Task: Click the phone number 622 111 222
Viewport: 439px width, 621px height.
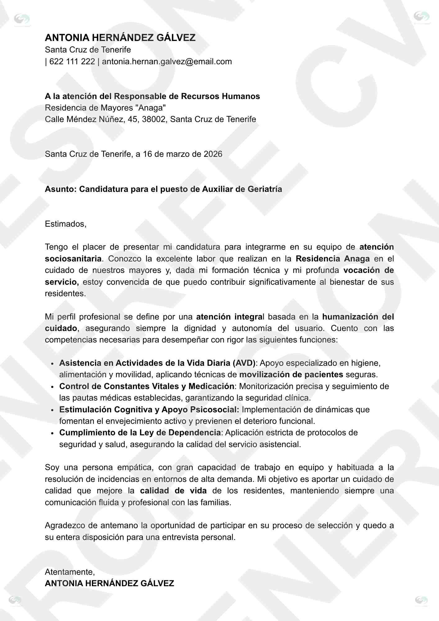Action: tap(72, 61)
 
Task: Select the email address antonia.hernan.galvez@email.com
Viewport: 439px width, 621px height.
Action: tap(167, 61)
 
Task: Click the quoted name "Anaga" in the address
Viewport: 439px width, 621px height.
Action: tap(153, 108)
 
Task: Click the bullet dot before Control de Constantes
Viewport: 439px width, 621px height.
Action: tap(53, 387)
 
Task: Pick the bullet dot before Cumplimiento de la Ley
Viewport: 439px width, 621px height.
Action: tap(53, 433)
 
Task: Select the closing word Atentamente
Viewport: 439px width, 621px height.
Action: tap(70, 572)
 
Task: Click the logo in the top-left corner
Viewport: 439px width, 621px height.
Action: tap(22, 19)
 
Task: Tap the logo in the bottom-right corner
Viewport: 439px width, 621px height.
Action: tap(421, 600)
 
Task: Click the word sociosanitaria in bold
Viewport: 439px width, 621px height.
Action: tap(73, 259)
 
